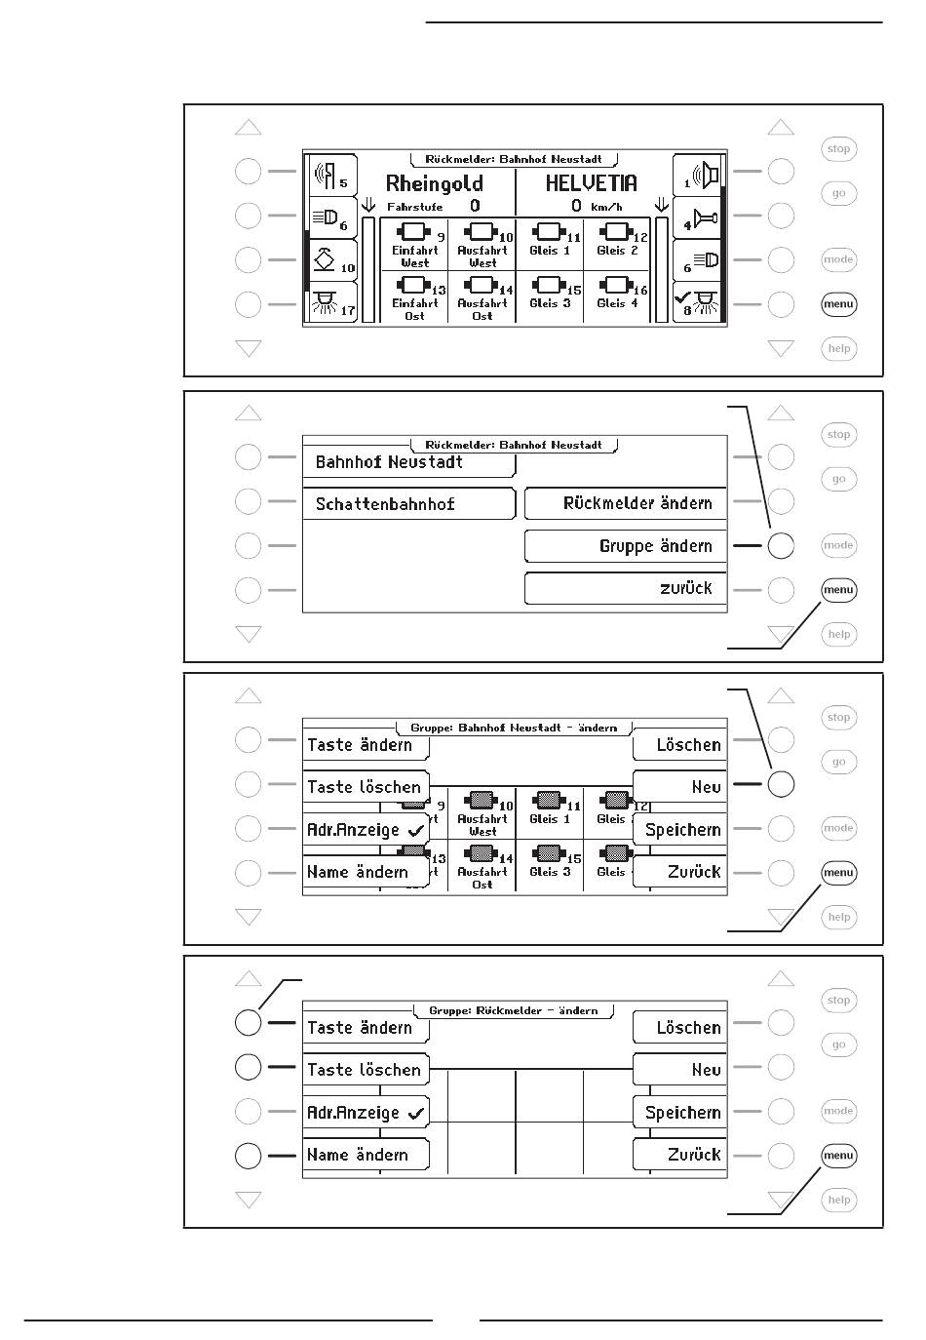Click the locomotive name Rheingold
(434, 183)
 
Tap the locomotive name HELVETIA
(591, 183)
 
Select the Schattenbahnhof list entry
(385, 504)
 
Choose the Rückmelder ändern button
(637, 504)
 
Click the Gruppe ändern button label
(655, 546)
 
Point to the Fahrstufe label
(414, 207)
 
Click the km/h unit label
(606, 207)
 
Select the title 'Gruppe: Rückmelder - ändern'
(514, 1010)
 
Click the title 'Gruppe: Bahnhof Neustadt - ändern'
(514, 728)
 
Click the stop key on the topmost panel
(838, 149)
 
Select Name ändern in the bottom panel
(358, 1155)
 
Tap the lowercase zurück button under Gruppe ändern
(685, 588)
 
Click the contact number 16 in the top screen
(640, 291)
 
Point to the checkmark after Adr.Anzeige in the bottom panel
(416, 1113)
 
